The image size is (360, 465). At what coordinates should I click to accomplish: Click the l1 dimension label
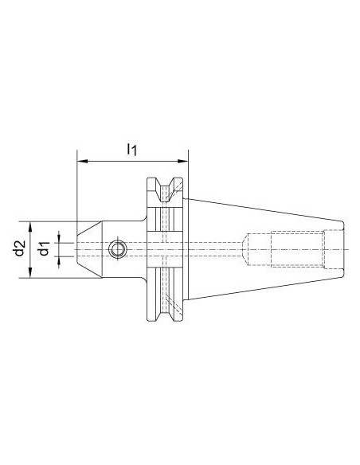132,149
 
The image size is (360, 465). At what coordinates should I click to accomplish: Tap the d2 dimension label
19,248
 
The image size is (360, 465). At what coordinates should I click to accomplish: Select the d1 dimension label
45,248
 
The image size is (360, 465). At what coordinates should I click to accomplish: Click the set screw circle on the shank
117,249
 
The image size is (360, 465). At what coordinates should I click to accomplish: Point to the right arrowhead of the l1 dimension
182,162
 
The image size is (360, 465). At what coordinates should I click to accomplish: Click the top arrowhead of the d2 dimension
30,227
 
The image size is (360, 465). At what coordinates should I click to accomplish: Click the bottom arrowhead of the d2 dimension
30,272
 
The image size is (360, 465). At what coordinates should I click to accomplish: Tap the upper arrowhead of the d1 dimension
59,237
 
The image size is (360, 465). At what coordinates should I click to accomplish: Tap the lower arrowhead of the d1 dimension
59,261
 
